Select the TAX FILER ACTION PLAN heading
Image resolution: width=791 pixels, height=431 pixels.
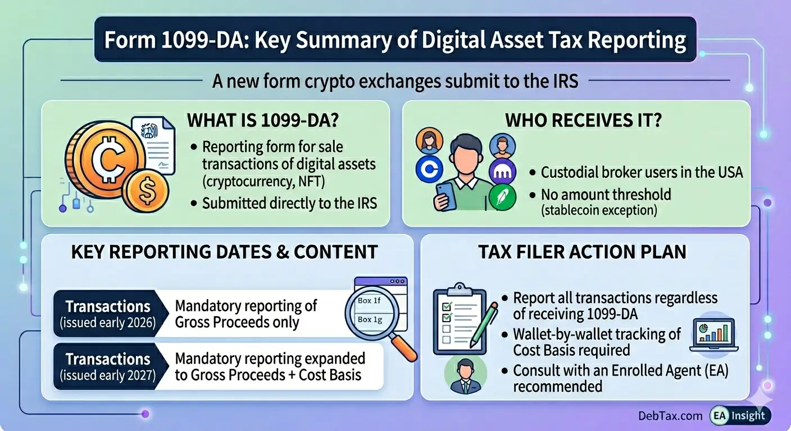pyautogui.click(x=583, y=252)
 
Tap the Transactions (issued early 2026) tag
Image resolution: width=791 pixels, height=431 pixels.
pyautogui.click(x=108, y=314)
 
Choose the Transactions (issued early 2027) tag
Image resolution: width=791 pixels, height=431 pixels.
pyautogui.click(x=108, y=366)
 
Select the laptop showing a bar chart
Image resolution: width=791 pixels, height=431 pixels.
pyautogui.click(x=714, y=333)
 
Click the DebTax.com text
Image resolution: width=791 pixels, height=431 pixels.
pyautogui.click(x=670, y=416)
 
